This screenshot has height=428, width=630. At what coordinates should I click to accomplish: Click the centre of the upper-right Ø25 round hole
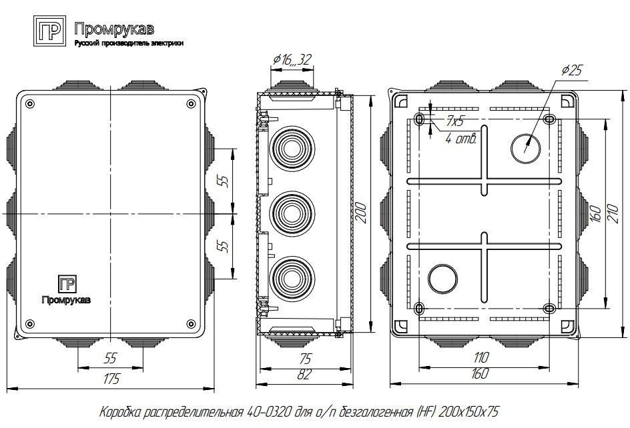point(526,148)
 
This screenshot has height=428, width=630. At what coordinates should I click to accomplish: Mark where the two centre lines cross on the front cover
point(109,213)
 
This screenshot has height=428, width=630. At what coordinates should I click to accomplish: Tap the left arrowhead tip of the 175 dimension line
point(7,388)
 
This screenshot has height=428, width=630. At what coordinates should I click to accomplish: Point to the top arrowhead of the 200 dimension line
point(370,96)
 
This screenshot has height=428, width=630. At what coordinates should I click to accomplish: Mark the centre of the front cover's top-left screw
point(30,104)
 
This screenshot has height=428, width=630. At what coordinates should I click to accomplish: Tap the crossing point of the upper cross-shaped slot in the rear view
point(484,181)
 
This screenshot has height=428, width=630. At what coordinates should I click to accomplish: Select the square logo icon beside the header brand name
point(50,31)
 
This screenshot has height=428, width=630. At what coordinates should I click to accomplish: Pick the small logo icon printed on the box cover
point(67,284)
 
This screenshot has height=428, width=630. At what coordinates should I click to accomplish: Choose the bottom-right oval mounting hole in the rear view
point(549,309)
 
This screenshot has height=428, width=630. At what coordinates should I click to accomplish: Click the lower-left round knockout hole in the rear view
point(442,279)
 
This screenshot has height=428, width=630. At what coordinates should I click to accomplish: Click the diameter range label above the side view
point(292,60)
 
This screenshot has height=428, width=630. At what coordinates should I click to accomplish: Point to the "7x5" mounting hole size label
point(454,120)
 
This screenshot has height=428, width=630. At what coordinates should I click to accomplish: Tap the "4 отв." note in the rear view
point(461,139)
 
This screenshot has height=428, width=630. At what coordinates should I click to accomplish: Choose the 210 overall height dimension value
point(613,213)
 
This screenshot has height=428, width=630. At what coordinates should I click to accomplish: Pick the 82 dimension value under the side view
point(304,374)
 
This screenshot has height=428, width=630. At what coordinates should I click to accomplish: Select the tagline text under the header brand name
point(129,43)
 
